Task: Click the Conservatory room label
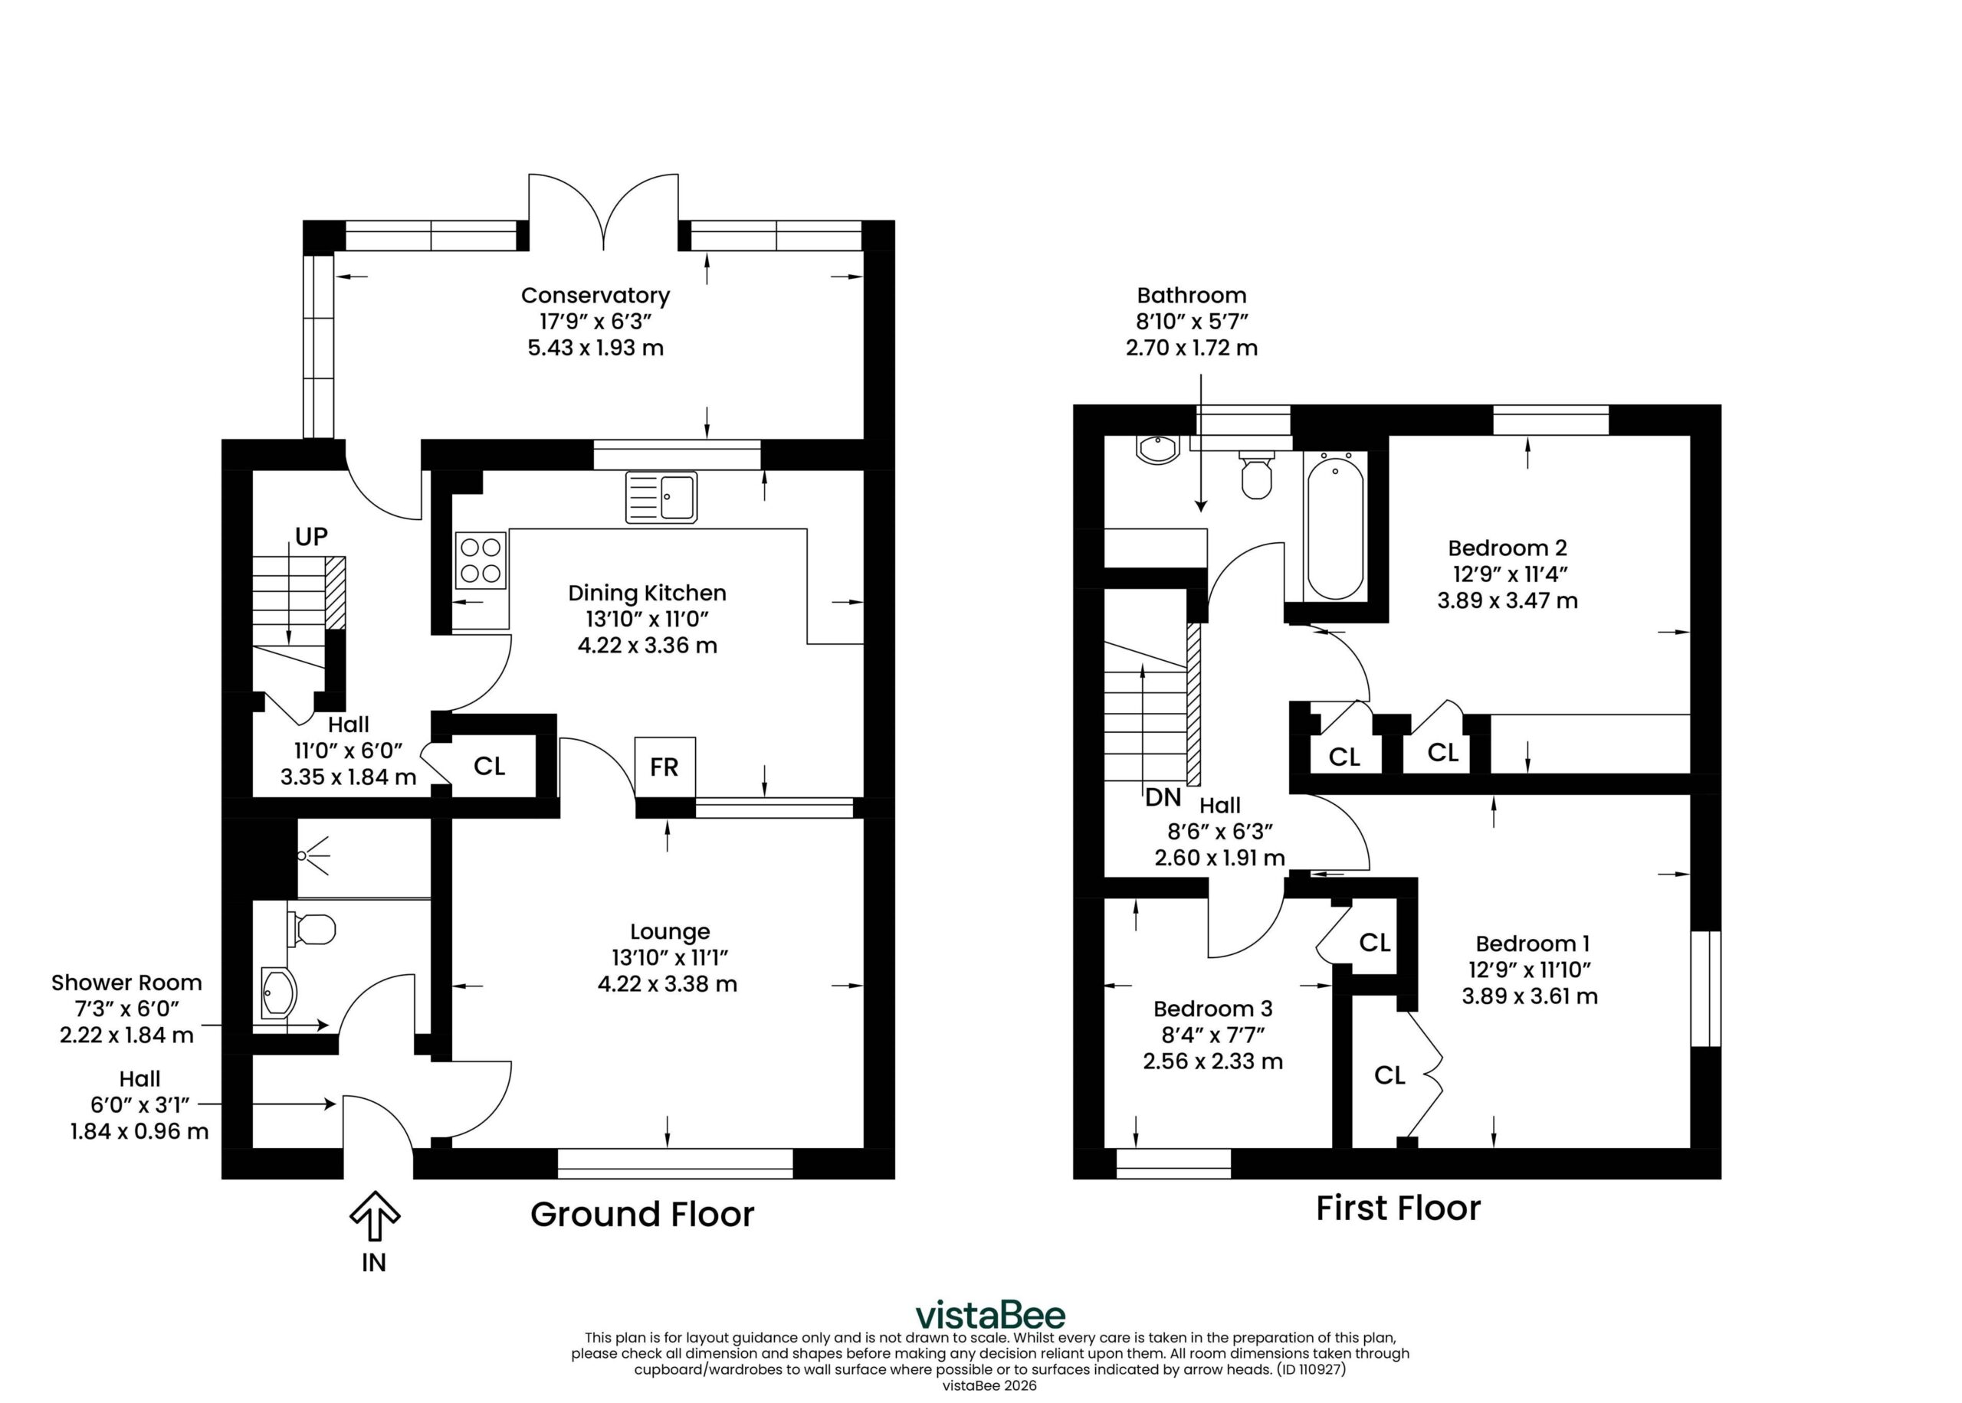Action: pyautogui.click(x=595, y=296)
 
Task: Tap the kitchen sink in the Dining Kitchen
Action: pyautogui.click(x=661, y=497)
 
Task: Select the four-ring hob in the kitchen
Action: pyautogui.click(x=481, y=560)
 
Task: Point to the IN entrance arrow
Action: pyautogui.click(x=374, y=1215)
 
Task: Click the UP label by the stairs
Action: pyautogui.click(x=311, y=537)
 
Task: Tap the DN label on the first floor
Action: pyautogui.click(x=1163, y=797)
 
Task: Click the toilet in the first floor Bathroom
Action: pyautogui.click(x=1257, y=474)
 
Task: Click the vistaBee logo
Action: pyautogui.click(x=990, y=1315)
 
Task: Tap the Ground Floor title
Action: pyautogui.click(x=642, y=1214)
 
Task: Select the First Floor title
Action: pyautogui.click(x=1399, y=1208)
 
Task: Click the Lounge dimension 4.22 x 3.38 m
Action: pyautogui.click(x=668, y=984)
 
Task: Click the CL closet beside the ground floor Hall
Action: pyautogui.click(x=489, y=767)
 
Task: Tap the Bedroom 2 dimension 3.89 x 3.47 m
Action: pyautogui.click(x=1508, y=600)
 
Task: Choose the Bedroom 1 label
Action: pyautogui.click(x=1533, y=944)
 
